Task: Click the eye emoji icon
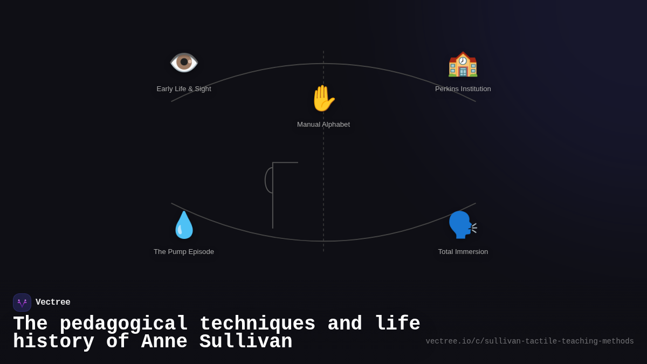click(184, 63)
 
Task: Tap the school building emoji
click(463, 64)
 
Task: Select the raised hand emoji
click(323, 98)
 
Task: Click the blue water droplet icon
click(184, 225)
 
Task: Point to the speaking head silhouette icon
click(463, 225)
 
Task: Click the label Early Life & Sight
click(184, 89)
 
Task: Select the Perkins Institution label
click(463, 89)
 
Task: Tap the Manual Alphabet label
click(323, 125)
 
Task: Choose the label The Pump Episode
click(184, 252)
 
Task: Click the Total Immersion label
click(463, 252)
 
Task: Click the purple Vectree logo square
click(22, 303)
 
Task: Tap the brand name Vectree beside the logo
click(53, 302)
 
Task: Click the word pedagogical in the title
click(123, 324)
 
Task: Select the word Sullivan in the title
click(246, 341)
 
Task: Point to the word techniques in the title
click(257, 324)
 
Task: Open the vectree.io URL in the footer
click(529, 341)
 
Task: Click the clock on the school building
click(463, 60)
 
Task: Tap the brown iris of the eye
click(184, 62)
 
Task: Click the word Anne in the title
click(164, 341)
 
